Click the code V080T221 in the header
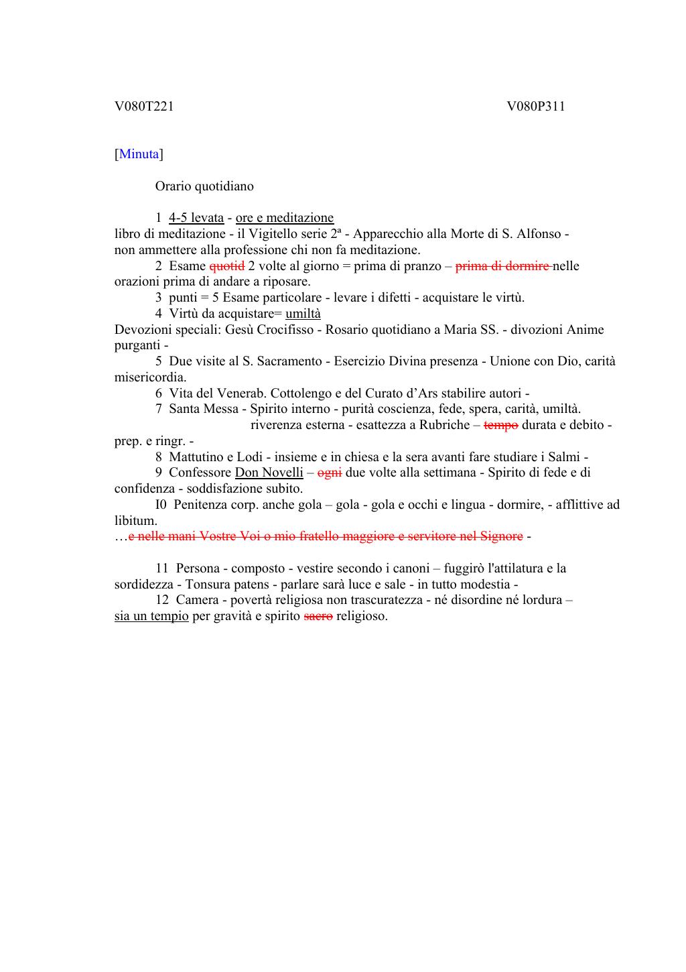coord(144,106)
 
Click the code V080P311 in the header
coord(536,106)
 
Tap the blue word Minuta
coord(139,154)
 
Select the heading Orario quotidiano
coord(204,186)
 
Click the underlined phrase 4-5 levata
coord(196,218)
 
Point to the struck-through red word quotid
coord(226,266)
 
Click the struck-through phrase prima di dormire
coord(503,266)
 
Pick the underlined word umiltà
coord(303,314)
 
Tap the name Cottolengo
coord(303,393)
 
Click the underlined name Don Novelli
coord(269,473)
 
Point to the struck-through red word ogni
coord(329,473)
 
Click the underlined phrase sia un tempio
coord(151,616)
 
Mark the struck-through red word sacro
coord(318,616)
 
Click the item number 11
coord(162,568)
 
